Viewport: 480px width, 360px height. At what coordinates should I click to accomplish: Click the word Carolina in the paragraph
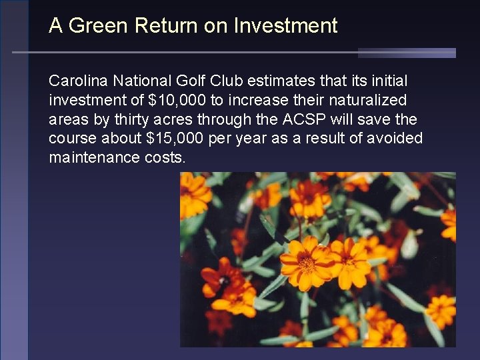[78, 81]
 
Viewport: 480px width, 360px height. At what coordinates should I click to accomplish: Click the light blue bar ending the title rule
[407, 53]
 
